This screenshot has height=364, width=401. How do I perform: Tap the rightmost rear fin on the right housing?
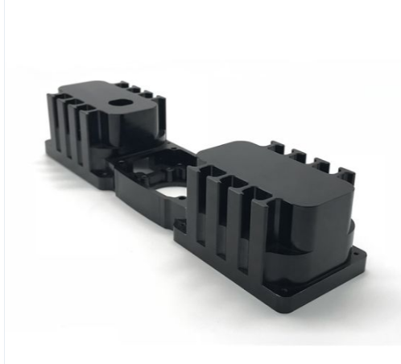coord(346,176)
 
